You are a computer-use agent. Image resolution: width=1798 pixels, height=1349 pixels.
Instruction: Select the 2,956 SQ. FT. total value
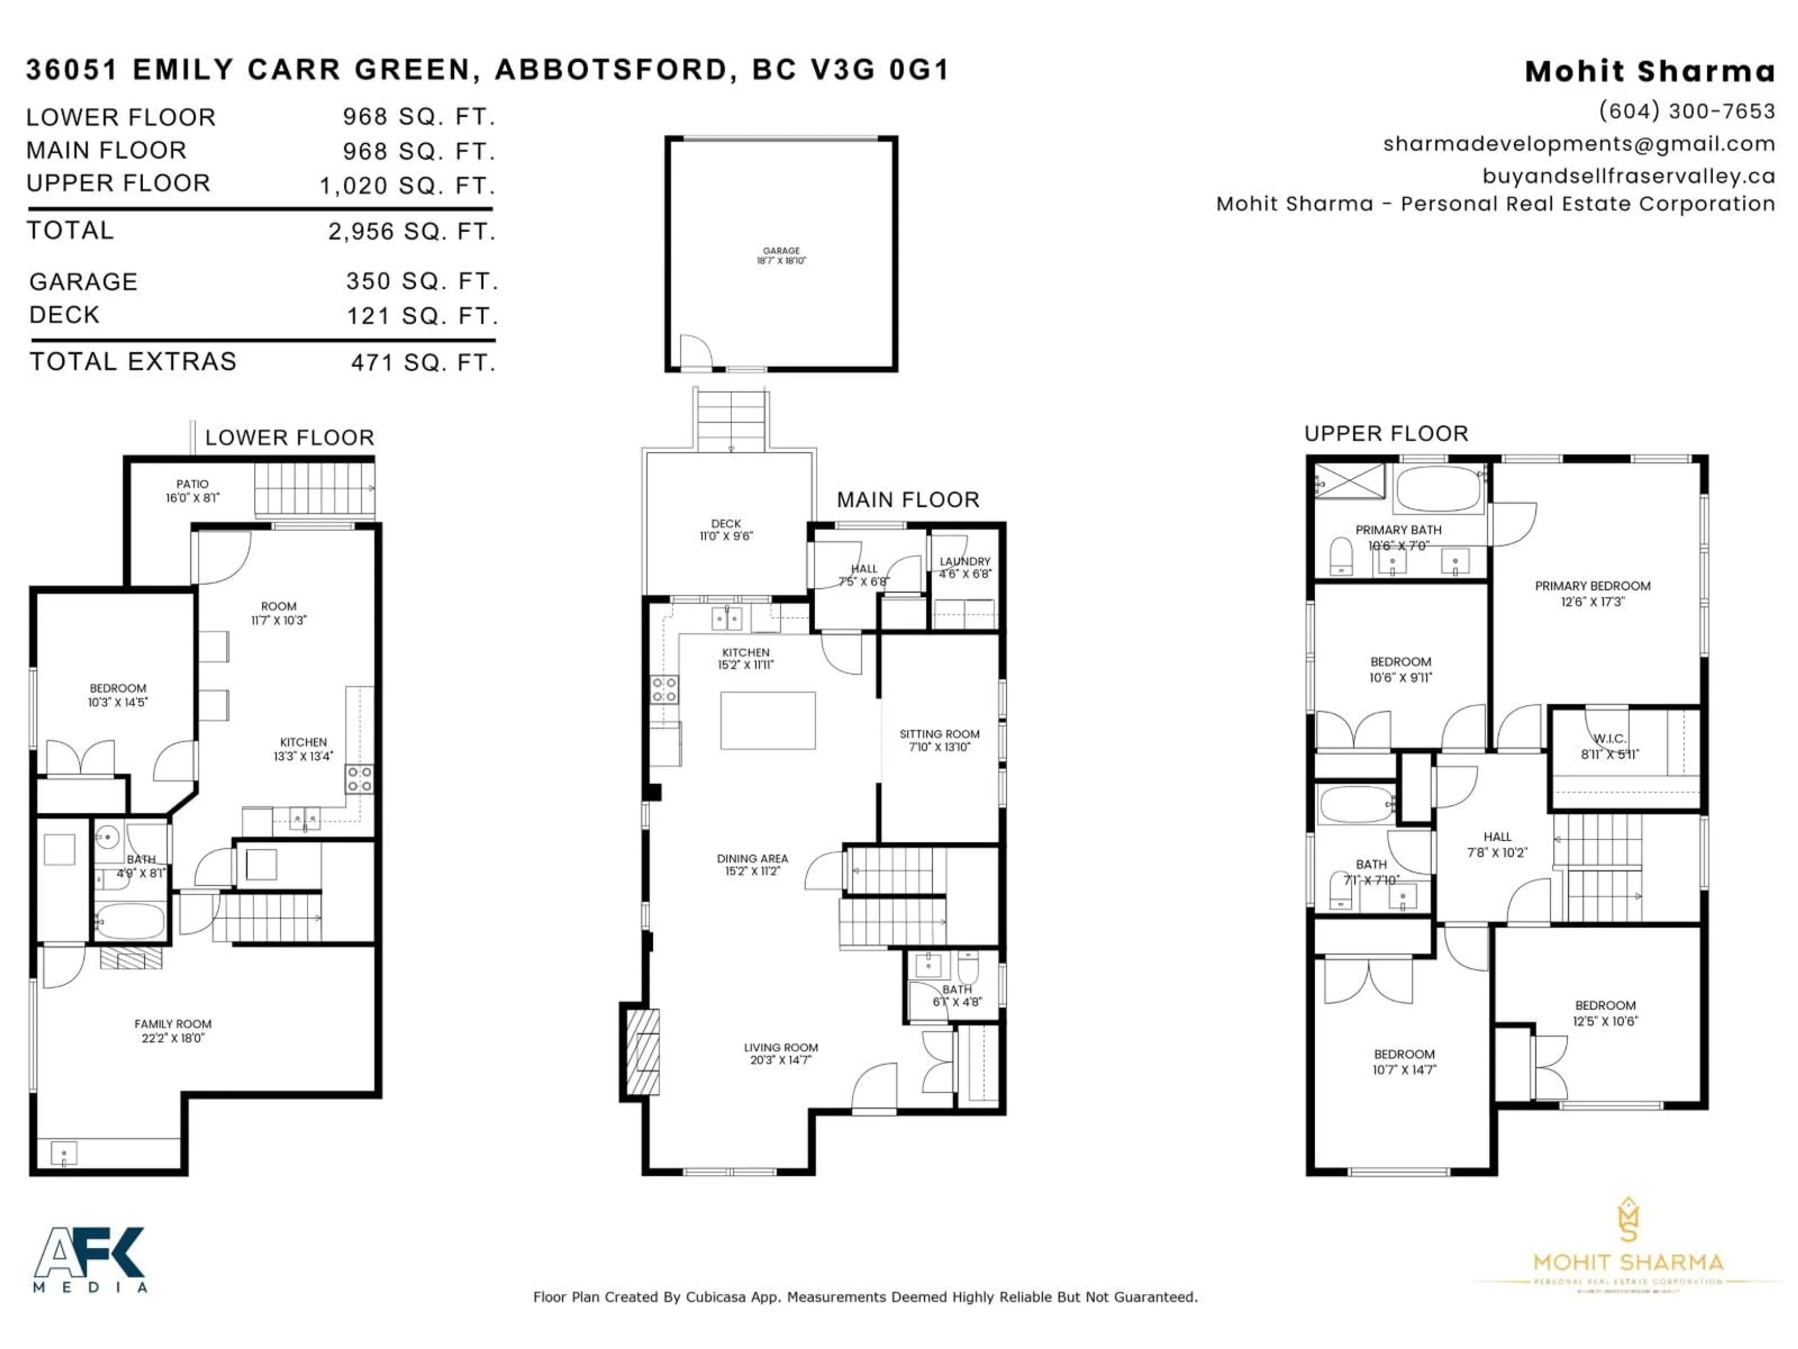tap(411, 232)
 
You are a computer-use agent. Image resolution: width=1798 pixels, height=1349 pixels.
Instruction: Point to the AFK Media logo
tap(89, 1259)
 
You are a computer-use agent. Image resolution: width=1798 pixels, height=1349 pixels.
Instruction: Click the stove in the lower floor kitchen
tap(359, 779)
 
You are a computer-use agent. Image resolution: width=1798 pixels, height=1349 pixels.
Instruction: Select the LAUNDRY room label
tap(965, 567)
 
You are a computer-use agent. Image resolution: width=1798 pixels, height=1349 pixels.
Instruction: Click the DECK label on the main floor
tap(726, 529)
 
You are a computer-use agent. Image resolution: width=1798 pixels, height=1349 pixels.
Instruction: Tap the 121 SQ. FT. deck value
tap(422, 316)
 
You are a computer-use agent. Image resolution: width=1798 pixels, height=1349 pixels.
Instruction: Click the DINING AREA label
tap(752, 864)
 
